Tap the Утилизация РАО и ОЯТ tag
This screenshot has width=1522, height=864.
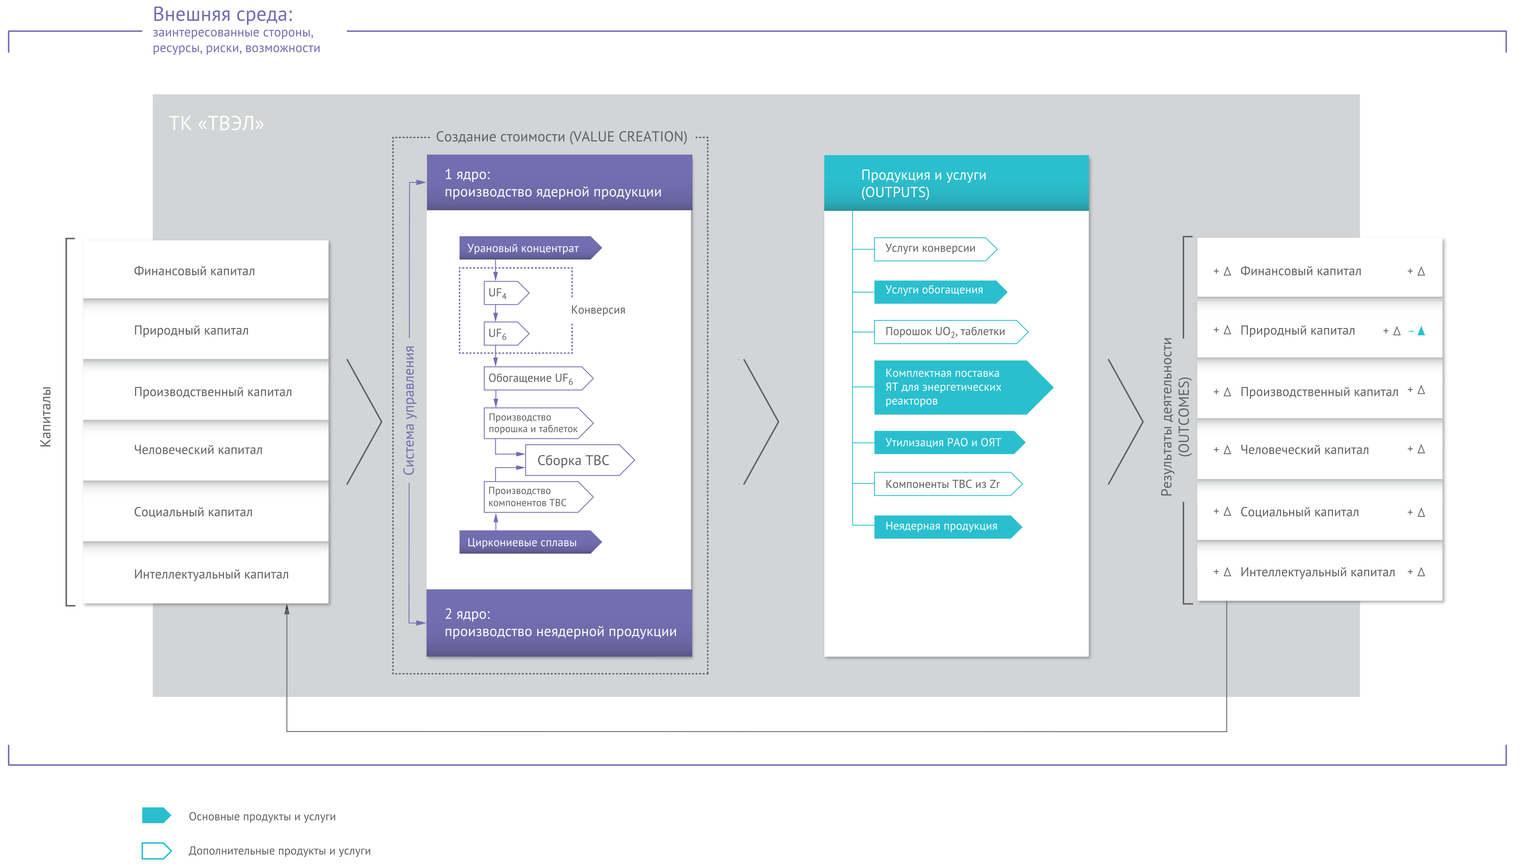(949, 443)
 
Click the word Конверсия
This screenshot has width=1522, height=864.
(598, 310)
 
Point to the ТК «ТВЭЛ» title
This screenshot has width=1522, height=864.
(216, 123)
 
